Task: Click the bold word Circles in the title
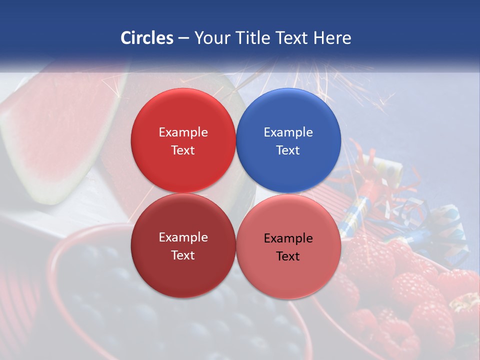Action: coord(147,38)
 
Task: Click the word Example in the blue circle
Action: coord(288,132)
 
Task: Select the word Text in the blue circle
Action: coord(288,150)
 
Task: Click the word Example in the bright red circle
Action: coord(183,132)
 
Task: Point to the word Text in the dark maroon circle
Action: coord(183,255)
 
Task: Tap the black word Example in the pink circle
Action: coord(288,238)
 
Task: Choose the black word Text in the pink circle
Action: coord(288,256)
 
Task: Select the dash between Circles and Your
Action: coord(183,38)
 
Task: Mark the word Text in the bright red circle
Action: coord(183,150)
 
